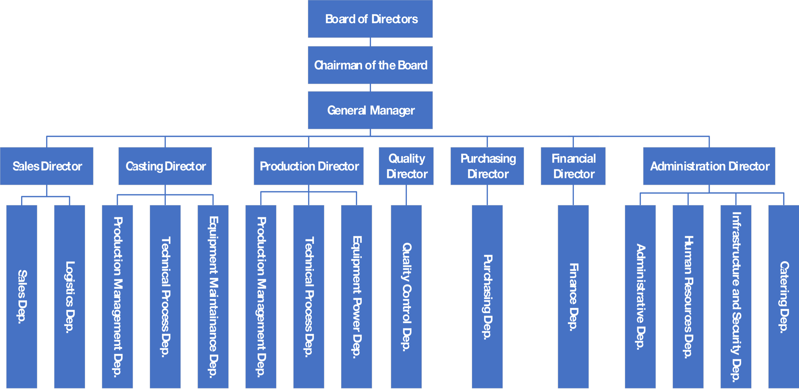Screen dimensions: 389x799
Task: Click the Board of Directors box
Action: (370, 19)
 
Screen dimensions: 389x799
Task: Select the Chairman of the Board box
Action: (370, 65)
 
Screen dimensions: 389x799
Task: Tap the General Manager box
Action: (370, 110)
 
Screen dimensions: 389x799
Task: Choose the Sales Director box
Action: (47, 166)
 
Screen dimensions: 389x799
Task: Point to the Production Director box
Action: (309, 166)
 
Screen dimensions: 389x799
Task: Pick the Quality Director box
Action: (406, 166)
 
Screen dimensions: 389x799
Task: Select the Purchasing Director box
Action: (487, 166)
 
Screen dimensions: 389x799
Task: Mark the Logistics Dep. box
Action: (69, 297)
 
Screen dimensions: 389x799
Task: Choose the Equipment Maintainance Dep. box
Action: (213, 297)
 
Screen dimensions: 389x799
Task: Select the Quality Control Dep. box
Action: (406, 297)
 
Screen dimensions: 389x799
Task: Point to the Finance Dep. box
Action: (573, 297)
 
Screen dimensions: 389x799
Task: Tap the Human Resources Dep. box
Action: (688, 297)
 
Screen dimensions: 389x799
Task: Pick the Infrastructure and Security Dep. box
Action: (736, 297)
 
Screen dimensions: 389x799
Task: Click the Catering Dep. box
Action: (783, 297)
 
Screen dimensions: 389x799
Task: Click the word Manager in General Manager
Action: (392, 111)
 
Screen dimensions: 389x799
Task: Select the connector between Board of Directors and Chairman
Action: (370, 42)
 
